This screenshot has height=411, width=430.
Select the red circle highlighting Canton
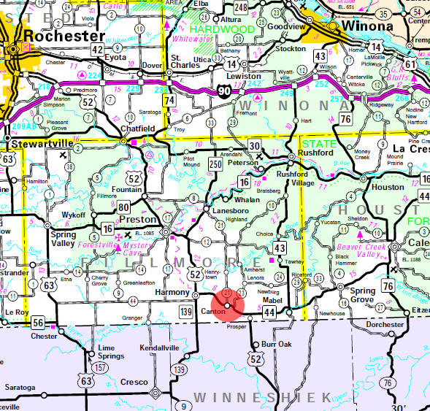tap(228, 305)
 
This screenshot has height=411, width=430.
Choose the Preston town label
tap(137, 219)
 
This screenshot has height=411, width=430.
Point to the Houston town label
tap(385, 187)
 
